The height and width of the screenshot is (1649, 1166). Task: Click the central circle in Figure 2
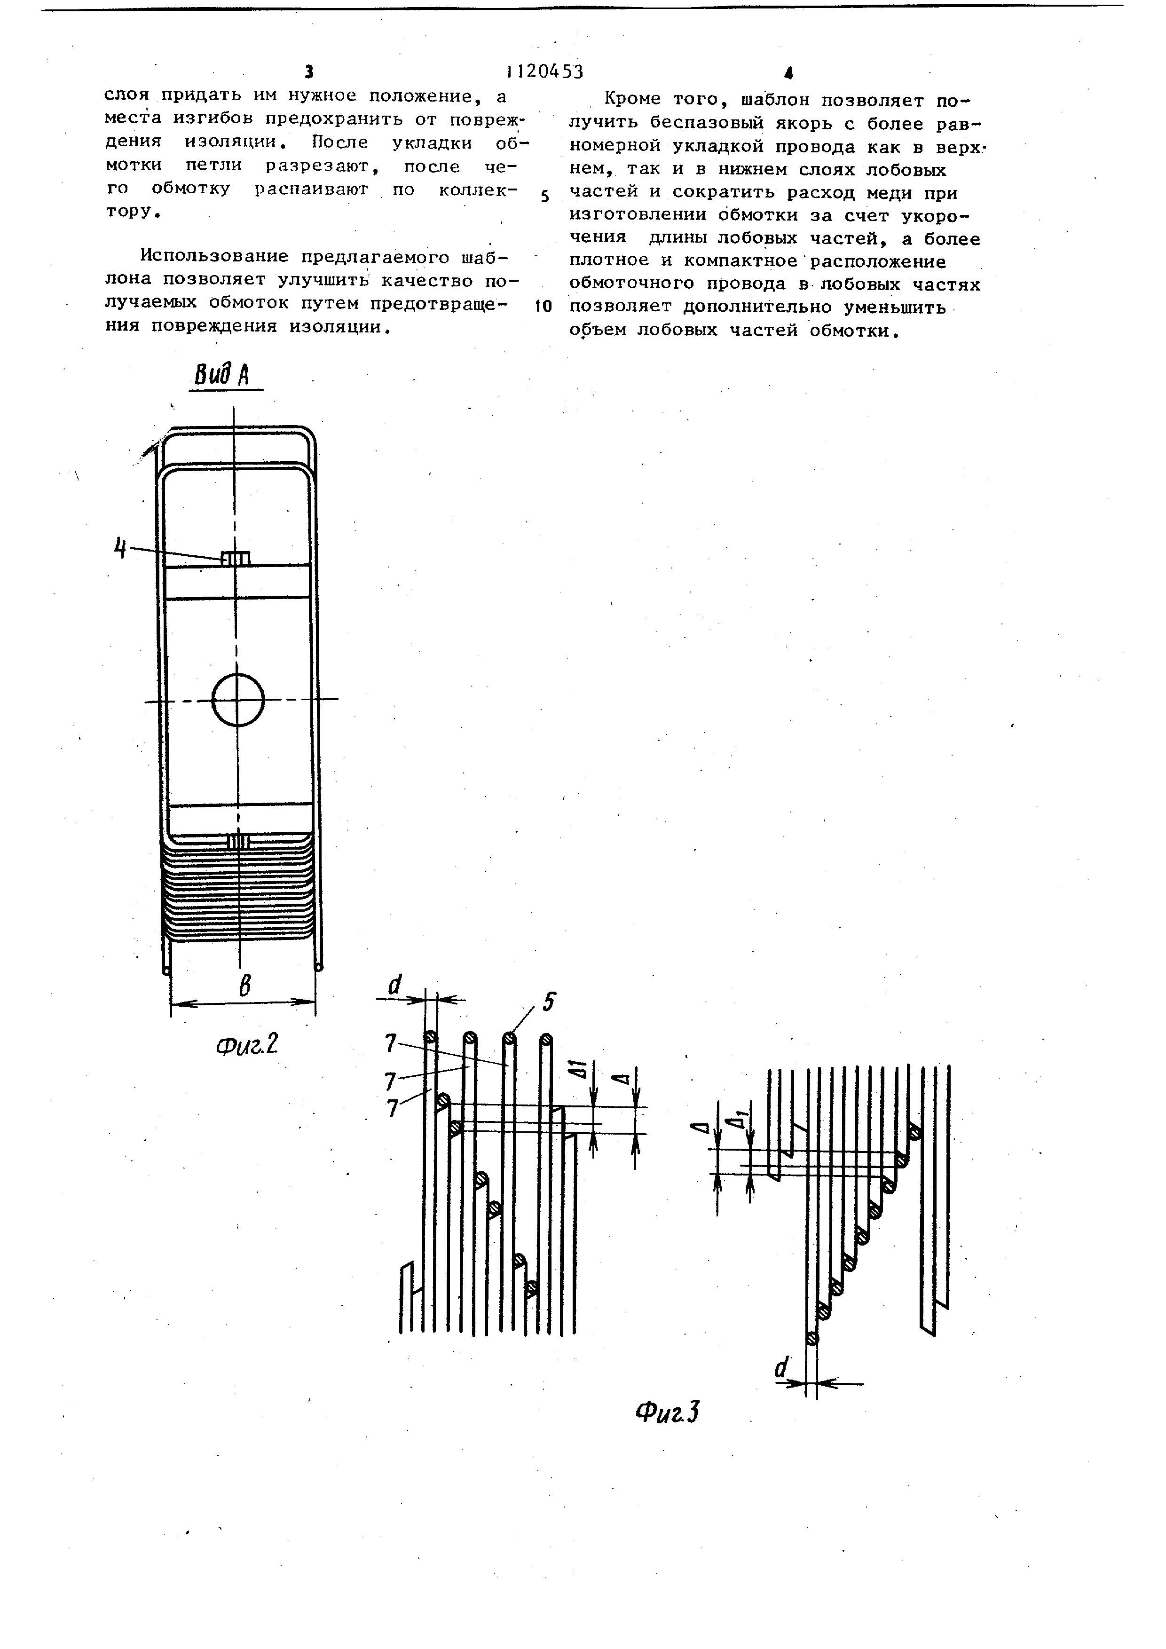click(238, 699)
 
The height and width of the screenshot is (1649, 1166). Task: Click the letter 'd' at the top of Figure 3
click(395, 985)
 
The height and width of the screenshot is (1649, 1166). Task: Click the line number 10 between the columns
click(544, 307)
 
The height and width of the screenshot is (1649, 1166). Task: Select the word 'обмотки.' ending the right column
click(856, 331)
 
